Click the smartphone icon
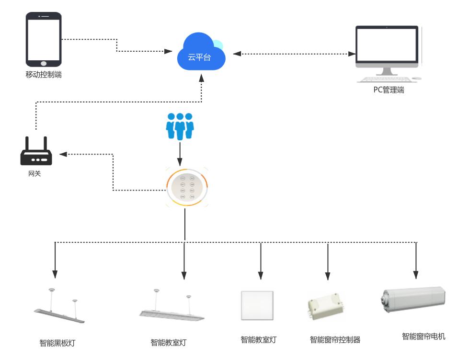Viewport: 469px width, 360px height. coord(44,40)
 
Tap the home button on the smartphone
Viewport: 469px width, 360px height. coord(44,62)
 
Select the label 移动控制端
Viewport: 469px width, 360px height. coord(44,75)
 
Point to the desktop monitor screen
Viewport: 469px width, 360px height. coord(387,45)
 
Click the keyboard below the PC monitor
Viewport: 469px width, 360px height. coord(385,79)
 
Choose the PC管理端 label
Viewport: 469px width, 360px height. coord(389,90)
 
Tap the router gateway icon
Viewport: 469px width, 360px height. coord(36,152)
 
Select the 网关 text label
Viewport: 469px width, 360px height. coord(34,173)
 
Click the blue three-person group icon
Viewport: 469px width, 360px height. coord(180,126)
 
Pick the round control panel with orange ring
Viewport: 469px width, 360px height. coord(187,187)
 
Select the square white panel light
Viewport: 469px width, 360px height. coord(257,305)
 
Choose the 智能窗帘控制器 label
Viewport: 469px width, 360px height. coord(335,340)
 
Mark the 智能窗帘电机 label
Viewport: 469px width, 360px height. coord(423,337)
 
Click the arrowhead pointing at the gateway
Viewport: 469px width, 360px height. coord(63,154)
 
